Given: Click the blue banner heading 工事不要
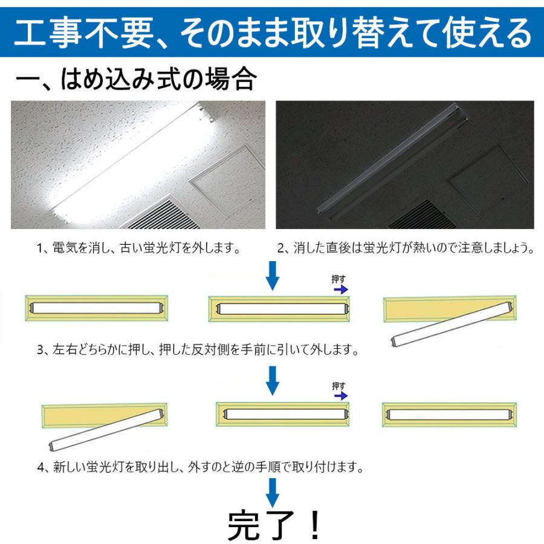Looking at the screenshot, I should (272, 33).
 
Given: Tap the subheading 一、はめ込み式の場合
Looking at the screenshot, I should (136, 79).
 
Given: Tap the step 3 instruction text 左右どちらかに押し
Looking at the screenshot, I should (198, 349).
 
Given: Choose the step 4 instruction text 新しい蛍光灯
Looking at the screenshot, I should (199, 467).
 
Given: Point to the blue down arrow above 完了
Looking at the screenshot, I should (273, 491).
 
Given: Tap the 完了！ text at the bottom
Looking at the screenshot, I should (275, 525).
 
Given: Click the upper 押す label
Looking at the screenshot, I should (338, 279).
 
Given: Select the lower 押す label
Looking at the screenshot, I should (338, 386).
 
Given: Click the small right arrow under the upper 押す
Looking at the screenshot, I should (341, 290).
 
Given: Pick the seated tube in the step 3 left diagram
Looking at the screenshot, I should (97, 307).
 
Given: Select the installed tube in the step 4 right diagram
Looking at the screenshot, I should (450, 415).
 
